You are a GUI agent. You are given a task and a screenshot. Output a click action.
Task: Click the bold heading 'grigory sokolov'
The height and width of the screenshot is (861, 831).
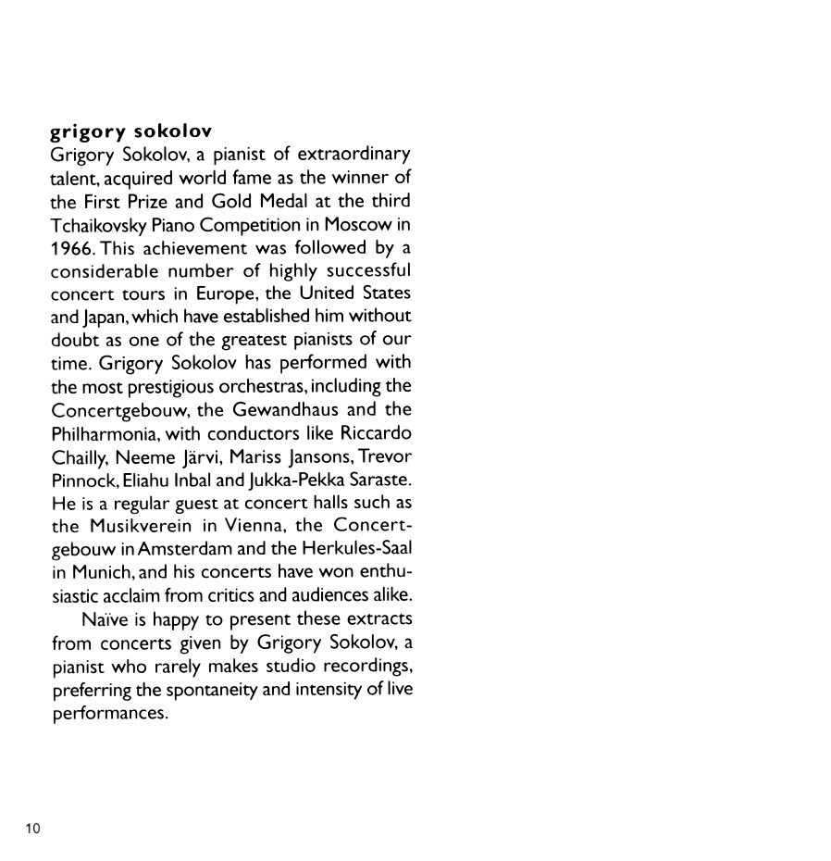[x=131, y=131]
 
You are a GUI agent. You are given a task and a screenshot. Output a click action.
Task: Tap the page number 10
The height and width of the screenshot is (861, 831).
[x=32, y=828]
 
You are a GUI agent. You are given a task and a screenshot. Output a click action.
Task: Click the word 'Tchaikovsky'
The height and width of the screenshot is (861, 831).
[x=102, y=224]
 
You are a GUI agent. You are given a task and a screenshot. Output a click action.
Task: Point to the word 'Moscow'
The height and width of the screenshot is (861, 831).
[x=356, y=224]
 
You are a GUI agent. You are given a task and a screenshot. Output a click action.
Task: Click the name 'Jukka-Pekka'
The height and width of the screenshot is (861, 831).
[x=290, y=480]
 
